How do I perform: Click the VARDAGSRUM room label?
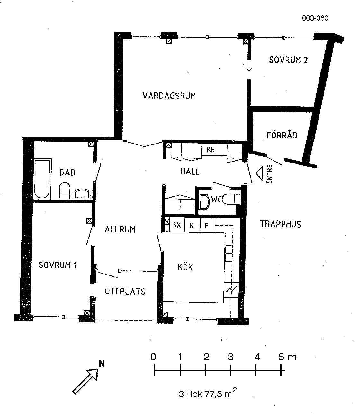[169, 96]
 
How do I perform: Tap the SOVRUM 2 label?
[288, 60]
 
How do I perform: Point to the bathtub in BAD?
[42, 179]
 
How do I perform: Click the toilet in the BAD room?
[65, 191]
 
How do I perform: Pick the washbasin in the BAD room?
[82, 194]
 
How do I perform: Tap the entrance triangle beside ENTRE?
[259, 173]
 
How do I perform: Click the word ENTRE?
[270, 174]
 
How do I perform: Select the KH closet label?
[211, 150]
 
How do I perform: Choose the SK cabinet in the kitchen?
[177, 225]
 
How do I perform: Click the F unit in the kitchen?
[207, 225]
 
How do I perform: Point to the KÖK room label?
[185, 267]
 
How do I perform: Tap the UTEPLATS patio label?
[125, 291]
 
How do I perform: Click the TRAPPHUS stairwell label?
[280, 224]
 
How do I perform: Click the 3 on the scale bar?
[230, 357]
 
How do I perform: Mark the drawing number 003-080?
[315, 18]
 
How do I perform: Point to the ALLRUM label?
[120, 229]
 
